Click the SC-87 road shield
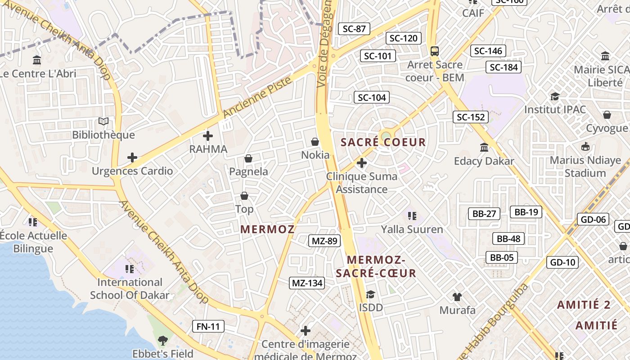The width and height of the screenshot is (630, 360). [x=354, y=29]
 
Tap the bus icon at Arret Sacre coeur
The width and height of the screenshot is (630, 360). [x=434, y=51]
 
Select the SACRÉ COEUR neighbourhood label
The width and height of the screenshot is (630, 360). [x=383, y=142]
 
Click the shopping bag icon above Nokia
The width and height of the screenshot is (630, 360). [x=315, y=142]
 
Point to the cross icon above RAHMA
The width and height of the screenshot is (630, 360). [x=208, y=135]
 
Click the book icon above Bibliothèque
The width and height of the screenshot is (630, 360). [x=103, y=121]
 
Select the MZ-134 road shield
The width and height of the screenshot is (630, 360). [x=307, y=283]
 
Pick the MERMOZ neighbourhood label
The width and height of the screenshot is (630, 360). [x=267, y=229]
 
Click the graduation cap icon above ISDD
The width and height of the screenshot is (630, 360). [x=370, y=294]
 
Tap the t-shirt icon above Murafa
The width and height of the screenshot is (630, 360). [x=457, y=297]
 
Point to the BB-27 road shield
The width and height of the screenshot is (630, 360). [x=484, y=213]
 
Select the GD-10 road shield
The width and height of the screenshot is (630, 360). [x=562, y=262]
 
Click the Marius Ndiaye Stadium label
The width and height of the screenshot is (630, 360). [x=585, y=166]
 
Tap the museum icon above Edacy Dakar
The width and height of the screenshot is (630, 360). [x=484, y=147]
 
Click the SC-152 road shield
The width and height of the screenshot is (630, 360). [x=471, y=117]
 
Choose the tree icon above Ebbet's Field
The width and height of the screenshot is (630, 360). [x=162, y=341]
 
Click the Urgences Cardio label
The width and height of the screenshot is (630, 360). [x=132, y=171]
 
